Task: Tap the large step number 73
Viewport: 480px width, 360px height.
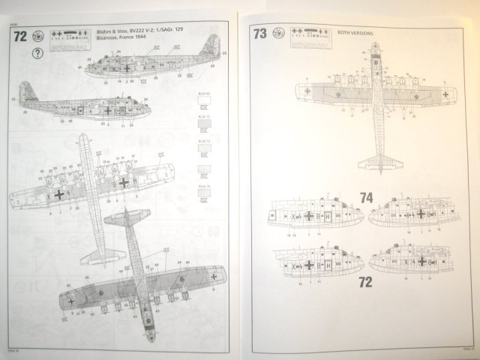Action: (x=259, y=34)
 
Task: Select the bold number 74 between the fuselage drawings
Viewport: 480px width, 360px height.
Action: (x=366, y=198)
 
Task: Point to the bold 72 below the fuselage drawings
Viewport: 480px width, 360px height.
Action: (x=365, y=283)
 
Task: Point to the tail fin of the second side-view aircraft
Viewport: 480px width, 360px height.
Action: (x=25, y=90)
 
